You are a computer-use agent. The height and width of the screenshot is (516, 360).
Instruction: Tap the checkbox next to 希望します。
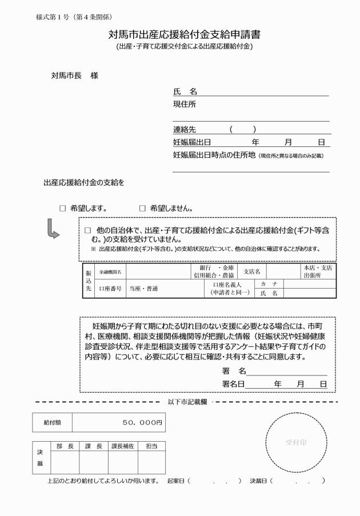(x=63, y=209)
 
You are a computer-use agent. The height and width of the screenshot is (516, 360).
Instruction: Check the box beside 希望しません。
(x=142, y=209)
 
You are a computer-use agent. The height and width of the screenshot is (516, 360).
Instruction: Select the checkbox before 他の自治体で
(x=88, y=230)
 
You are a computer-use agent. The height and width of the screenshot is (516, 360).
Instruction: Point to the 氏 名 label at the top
(x=185, y=91)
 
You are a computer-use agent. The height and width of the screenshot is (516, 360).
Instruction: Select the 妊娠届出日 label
(x=192, y=142)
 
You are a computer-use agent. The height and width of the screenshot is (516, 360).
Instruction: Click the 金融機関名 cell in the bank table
(x=110, y=271)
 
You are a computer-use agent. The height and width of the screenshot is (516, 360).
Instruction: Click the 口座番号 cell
(x=111, y=289)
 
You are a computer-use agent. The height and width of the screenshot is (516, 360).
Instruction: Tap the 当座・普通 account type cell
(x=143, y=289)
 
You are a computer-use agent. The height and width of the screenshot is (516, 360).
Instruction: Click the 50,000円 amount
(x=143, y=423)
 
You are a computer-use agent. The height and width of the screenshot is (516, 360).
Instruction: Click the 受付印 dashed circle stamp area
(x=297, y=442)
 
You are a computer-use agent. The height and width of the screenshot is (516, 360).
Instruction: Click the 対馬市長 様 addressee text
(x=74, y=75)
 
